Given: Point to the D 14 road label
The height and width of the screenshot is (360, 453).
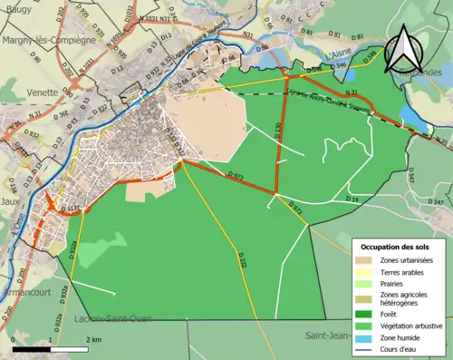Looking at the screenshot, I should pos(352,199).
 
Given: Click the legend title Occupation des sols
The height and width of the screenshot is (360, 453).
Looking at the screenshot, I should pos(395,247).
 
